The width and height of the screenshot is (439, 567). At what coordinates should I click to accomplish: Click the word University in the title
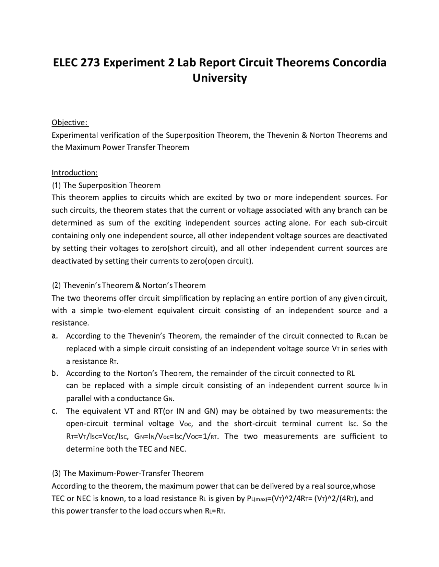click(219, 78)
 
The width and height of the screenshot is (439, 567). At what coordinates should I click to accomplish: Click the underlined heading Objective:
click(70, 123)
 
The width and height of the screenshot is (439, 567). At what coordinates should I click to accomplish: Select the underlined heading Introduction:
click(74, 173)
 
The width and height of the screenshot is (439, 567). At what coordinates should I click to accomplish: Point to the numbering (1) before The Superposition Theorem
click(56, 186)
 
